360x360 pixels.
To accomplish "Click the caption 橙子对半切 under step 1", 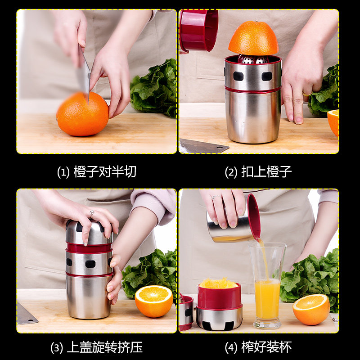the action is [105, 172].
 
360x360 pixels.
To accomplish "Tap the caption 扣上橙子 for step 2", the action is [266, 172].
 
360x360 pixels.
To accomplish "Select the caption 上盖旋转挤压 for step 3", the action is [105, 347].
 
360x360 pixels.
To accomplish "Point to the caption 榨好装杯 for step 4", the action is [266, 347].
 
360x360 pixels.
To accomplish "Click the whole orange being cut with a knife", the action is [82, 114].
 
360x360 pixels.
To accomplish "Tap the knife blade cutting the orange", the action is [84, 73].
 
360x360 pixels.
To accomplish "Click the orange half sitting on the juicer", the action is [253, 38].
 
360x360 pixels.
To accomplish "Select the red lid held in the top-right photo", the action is [198, 31].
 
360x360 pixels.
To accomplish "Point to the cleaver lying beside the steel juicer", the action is [203, 146].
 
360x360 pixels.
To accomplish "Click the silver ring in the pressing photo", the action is [92, 213].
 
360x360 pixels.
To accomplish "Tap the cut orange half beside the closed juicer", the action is [154, 301].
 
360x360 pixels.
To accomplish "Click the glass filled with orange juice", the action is [267, 285].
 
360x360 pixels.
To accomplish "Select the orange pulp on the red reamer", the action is [218, 283].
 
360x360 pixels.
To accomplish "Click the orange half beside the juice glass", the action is [311, 310].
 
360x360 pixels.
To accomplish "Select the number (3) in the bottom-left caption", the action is [57, 347].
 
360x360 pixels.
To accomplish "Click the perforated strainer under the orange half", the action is [253, 59].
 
